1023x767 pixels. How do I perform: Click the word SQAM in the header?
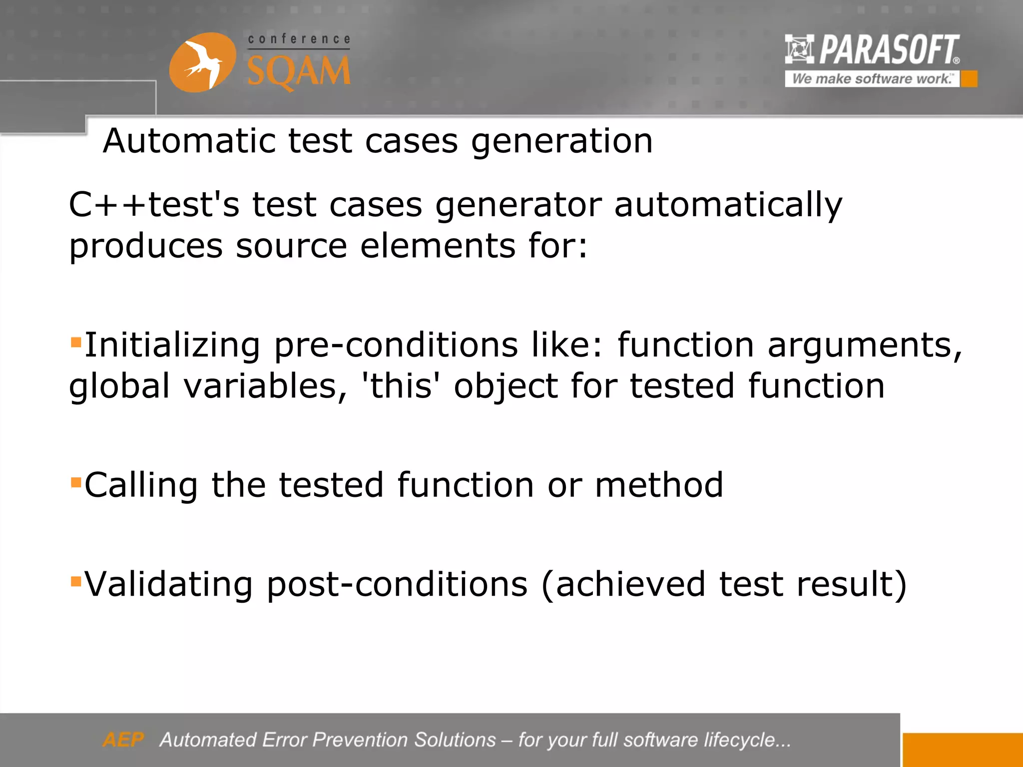299,71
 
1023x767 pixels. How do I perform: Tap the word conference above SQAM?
299,39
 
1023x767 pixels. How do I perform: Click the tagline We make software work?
872,79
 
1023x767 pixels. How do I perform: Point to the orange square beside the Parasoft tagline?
969,79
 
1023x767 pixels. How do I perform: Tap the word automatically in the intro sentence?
728,206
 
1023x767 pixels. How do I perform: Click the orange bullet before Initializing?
76,343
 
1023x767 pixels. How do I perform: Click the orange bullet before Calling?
76,482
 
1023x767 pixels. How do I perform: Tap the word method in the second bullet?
659,485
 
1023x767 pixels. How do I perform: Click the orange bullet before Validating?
76,581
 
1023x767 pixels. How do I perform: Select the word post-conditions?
397,585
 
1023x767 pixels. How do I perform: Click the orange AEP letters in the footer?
123,740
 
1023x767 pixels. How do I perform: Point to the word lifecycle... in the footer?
747,740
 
